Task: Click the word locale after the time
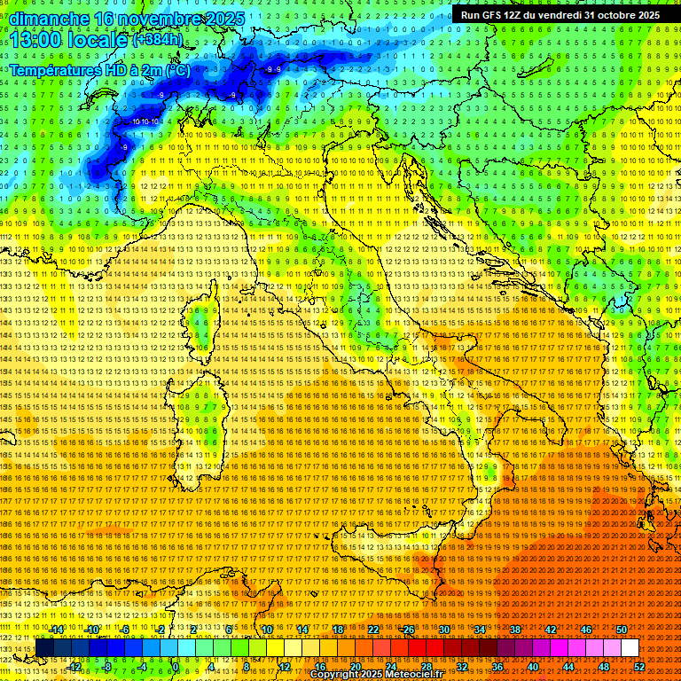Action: pyautogui.click(x=101, y=40)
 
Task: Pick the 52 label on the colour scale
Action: pyautogui.click(x=639, y=667)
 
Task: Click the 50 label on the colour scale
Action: pyautogui.click(x=621, y=630)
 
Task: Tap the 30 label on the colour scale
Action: pyautogui.click(x=443, y=630)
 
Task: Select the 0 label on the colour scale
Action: pyautogui.click(x=176, y=667)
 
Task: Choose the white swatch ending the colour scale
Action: pyautogui.click(x=630, y=648)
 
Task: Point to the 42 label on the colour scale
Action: pyautogui.click(x=550, y=630)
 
